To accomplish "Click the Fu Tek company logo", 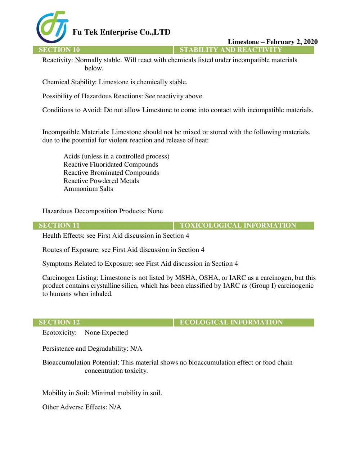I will pos(52,27).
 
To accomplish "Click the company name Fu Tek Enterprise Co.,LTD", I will pos(121,32).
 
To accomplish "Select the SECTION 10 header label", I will pos(59,50).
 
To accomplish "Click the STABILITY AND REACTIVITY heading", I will pos(230,50).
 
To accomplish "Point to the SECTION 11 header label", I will pos(59,225).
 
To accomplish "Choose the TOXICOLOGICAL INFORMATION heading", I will pos(238,225).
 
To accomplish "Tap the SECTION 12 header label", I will pos(59,322).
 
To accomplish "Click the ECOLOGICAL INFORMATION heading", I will pos(231,322).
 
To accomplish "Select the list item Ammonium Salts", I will pos(88,189).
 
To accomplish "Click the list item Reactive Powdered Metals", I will pos(101,181).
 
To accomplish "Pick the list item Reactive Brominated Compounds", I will pos(111,172).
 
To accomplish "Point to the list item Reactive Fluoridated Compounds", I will pos(111,165).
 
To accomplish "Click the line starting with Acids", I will pos(116,156).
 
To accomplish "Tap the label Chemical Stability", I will pos(69,82).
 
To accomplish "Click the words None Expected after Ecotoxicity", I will pos(106,332).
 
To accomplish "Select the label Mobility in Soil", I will pos(66,393).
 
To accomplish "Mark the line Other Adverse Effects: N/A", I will pos(82,407).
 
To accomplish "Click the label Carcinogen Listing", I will pos(70,278).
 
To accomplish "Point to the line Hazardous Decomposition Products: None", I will pos(103,211).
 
